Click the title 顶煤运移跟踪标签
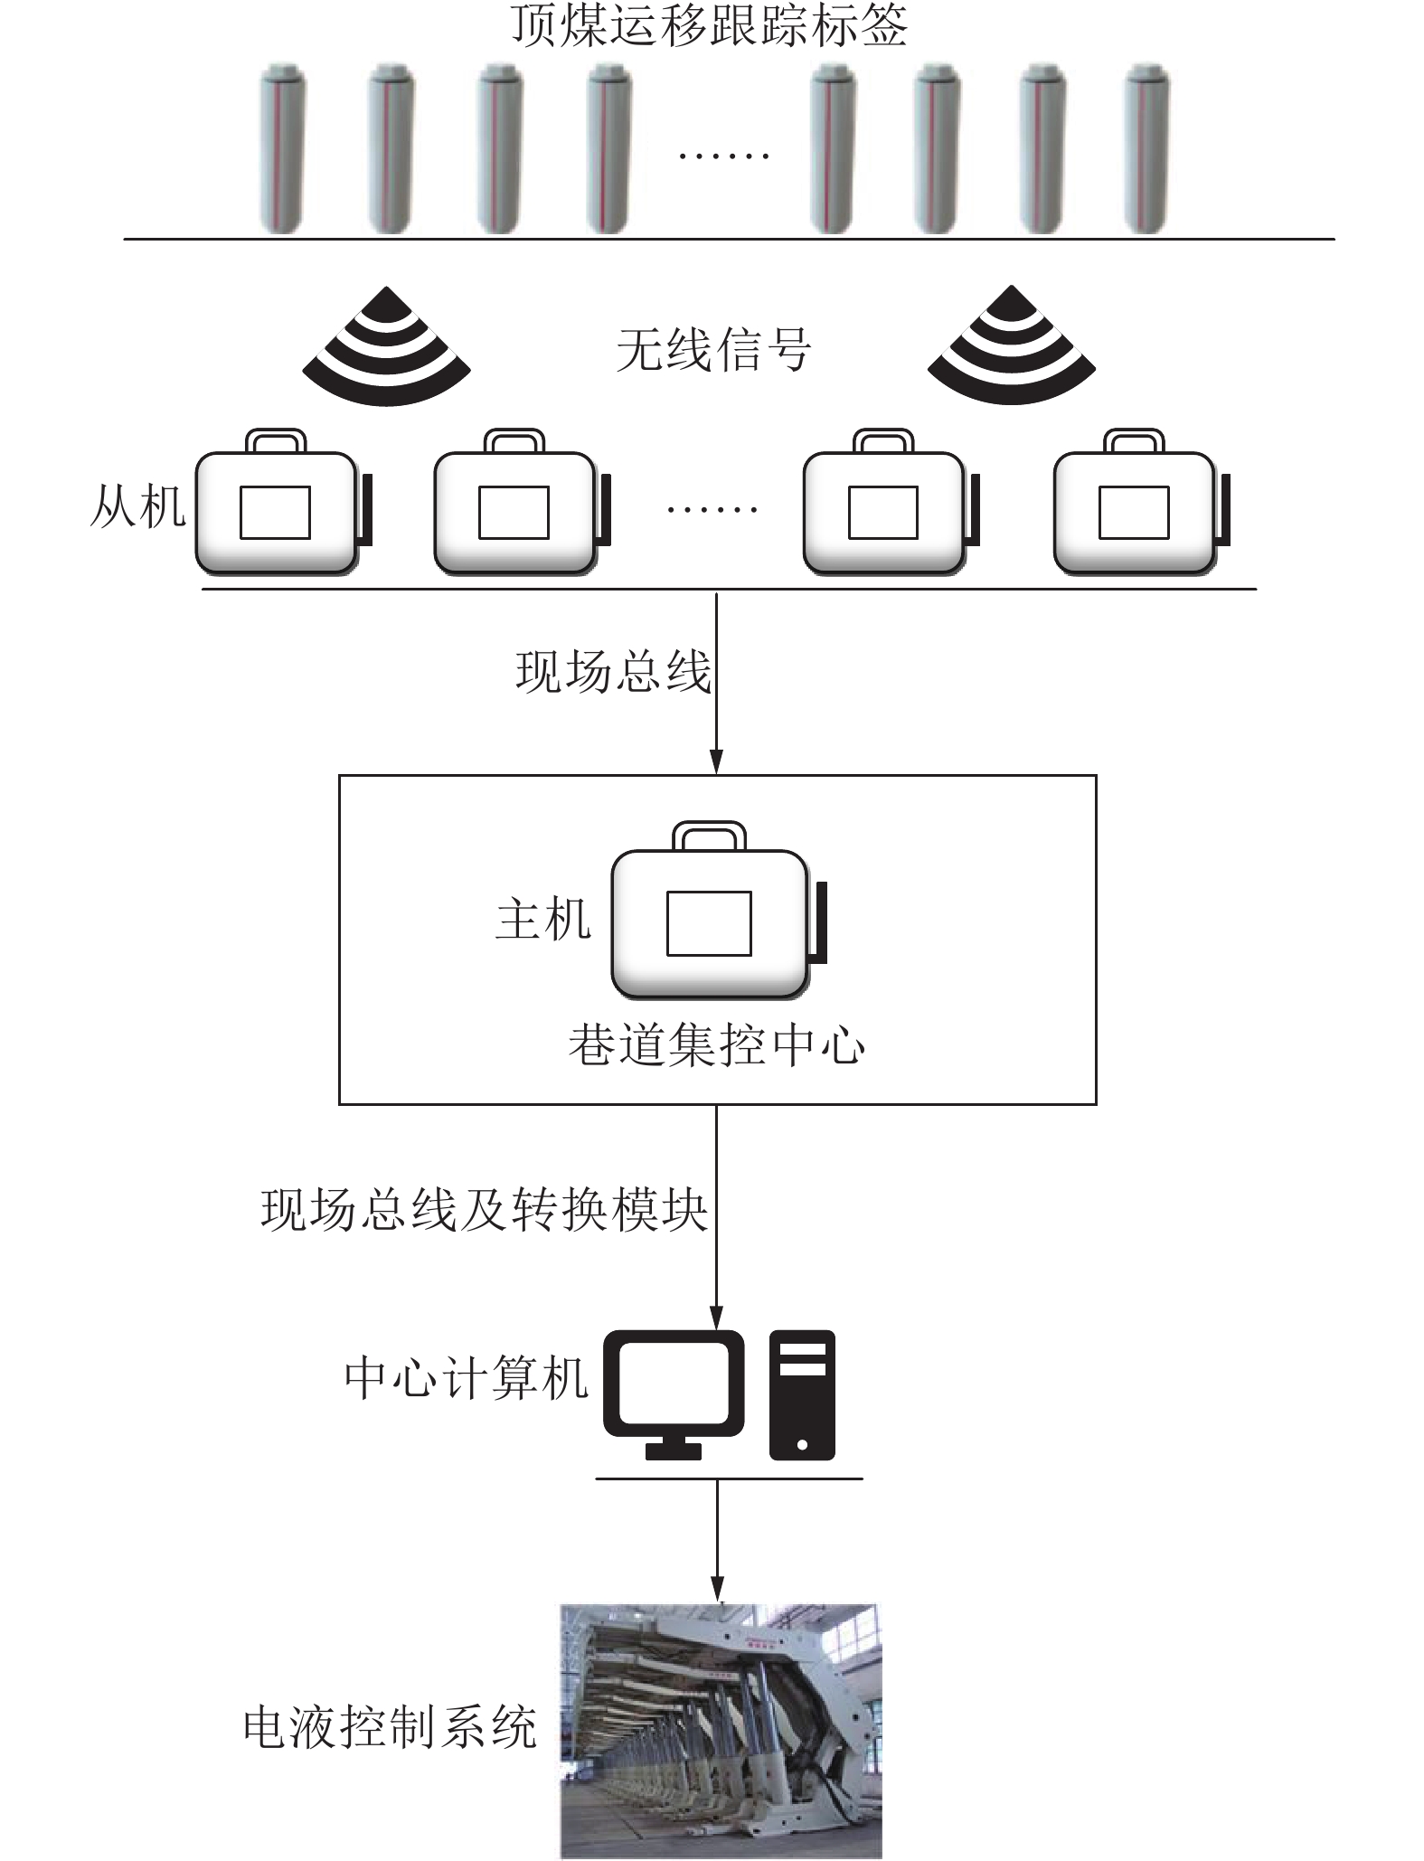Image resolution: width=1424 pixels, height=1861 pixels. click(710, 25)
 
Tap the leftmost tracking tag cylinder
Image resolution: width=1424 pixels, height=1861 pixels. click(282, 148)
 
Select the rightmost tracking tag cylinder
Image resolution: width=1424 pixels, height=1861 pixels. click(1146, 148)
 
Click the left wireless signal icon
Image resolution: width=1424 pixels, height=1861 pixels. click(386, 347)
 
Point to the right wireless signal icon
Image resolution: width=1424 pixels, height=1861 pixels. click(1012, 347)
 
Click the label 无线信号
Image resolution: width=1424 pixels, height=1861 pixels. click(713, 351)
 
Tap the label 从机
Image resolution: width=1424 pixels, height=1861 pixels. click(137, 506)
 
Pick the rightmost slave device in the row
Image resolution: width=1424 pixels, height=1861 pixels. click(1137, 506)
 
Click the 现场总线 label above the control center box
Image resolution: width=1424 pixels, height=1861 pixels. click(613, 672)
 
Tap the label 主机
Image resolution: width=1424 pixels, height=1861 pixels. click(542, 920)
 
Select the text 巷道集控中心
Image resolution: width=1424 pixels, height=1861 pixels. click(716, 1045)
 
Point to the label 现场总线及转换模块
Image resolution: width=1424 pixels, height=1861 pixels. click(484, 1210)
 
